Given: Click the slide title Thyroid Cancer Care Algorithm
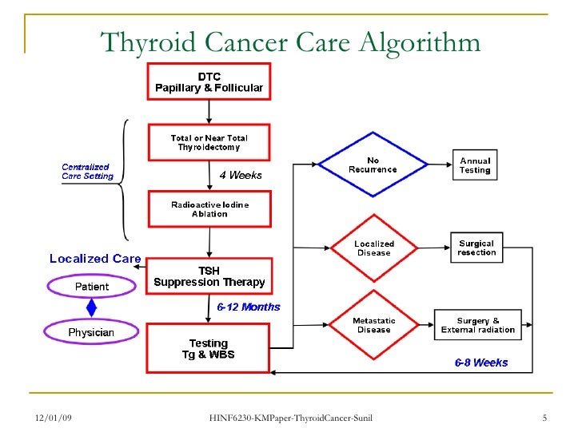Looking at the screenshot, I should [x=290, y=42].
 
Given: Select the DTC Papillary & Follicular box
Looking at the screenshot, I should [x=209, y=81].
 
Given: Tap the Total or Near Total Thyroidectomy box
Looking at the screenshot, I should [x=209, y=142].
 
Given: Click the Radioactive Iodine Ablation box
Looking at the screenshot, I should [x=209, y=209].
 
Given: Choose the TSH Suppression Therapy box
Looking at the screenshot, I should [x=209, y=276].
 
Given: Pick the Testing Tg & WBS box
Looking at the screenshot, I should [x=209, y=348].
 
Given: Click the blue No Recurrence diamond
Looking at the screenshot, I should [x=373, y=165].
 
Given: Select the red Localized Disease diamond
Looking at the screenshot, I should [x=373, y=248].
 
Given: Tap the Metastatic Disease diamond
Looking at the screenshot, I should [x=373, y=325].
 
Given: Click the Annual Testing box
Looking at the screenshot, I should [x=475, y=165].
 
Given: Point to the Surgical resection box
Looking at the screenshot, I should [x=477, y=248].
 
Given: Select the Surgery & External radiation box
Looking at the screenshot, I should [x=477, y=325].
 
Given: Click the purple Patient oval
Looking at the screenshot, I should [x=92, y=286].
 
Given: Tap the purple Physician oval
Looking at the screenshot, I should [x=92, y=331].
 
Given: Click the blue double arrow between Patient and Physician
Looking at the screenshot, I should [x=92, y=308].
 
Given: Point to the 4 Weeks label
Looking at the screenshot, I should [x=240, y=175].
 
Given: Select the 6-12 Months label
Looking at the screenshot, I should [x=249, y=307].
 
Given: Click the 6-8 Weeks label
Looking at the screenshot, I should [x=481, y=363].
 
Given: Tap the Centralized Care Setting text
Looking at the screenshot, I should [x=88, y=171].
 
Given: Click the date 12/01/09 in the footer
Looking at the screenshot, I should [x=54, y=419].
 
